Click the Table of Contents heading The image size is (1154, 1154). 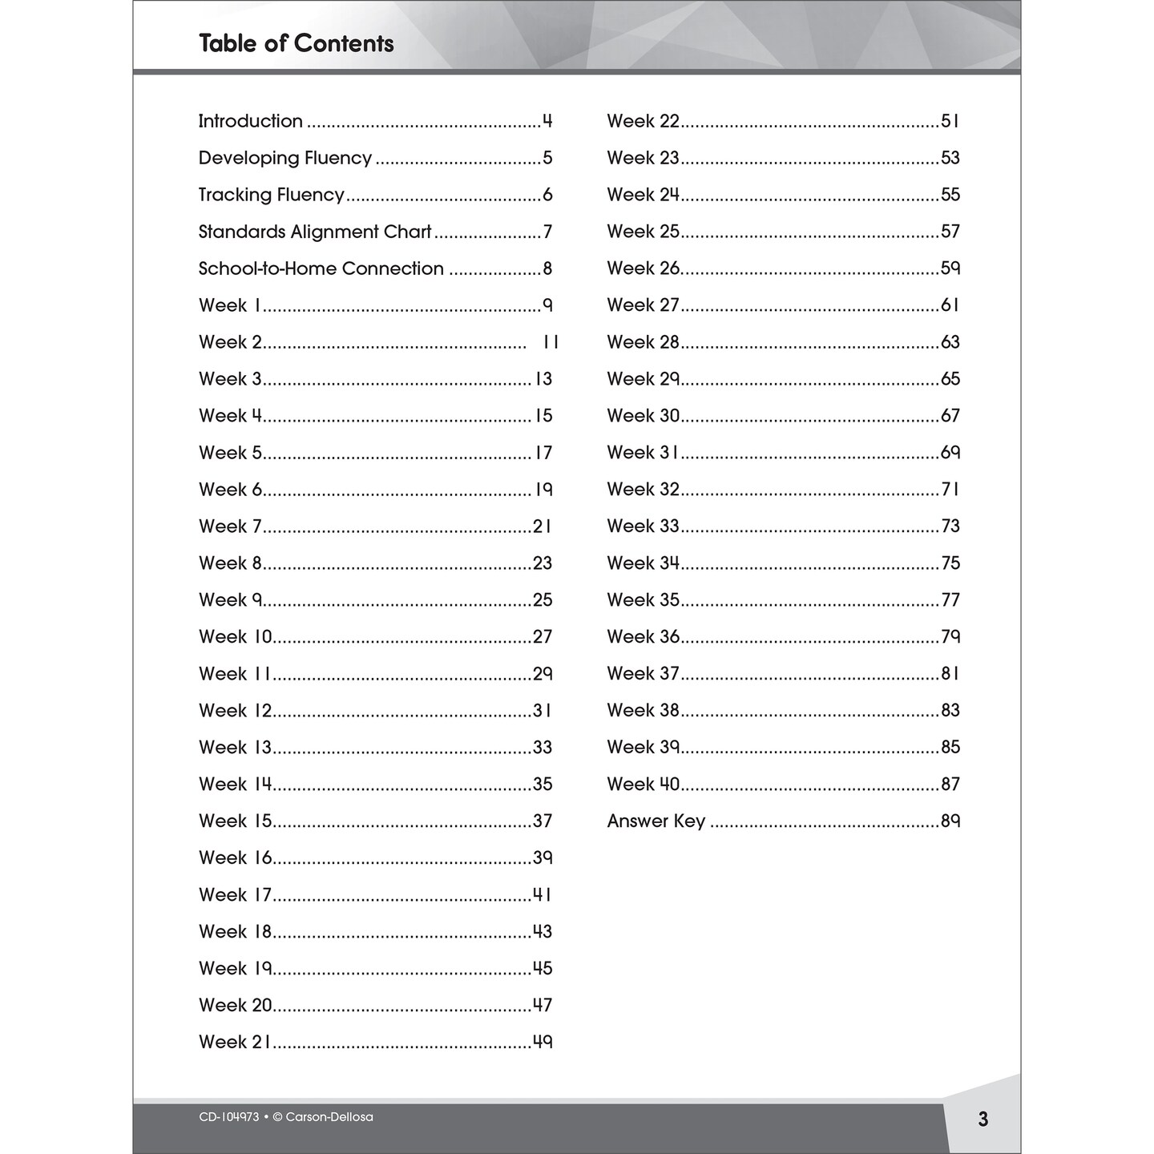[x=296, y=43]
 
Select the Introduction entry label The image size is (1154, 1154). [x=250, y=121]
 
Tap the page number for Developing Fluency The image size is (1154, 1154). [x=547, y=158]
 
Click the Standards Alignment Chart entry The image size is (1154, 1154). [x=315, y=232]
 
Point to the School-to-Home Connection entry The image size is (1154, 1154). [x=321, y=268]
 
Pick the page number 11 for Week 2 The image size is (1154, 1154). [x=551, y=342]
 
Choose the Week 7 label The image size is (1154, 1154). [x=230, y=527]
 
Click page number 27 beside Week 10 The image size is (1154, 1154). [x=543, y=637]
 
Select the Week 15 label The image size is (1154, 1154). [x=236, y=821]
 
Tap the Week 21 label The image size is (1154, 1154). [x=235, y=1043]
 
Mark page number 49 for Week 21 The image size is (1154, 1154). [x=543, y=1043]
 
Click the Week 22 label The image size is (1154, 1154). [x=643, y=121]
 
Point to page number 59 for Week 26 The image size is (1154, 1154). [x=950, y=268]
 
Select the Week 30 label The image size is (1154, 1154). [x=643, y=416]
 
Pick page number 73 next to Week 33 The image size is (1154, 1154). [x=950, y=527]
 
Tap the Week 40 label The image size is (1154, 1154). [x=643, y=785]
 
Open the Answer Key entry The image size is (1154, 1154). [x=656, y=821]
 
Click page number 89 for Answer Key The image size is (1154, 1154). [x=950, y=821]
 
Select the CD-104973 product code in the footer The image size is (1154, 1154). [x=229, y=1117]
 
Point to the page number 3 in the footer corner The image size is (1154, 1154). [x=983, y=1120]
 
